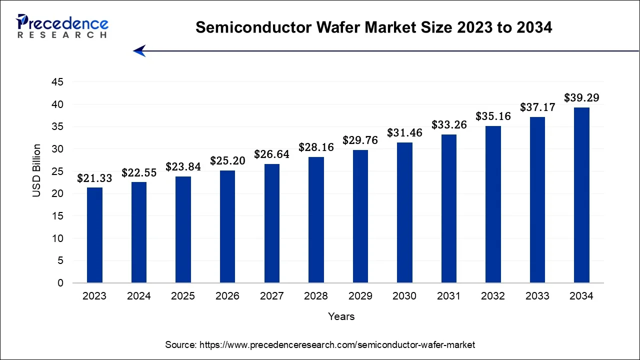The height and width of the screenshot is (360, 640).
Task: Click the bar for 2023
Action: click(94, 235)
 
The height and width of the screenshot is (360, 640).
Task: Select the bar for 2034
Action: click(581, 195)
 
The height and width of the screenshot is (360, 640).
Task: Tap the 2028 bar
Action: click(316, 220)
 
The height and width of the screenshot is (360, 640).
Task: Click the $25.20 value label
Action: click(227, 161)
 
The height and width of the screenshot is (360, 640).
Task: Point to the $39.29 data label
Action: click(581, 98)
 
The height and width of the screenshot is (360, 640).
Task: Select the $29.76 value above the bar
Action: click(360, 140)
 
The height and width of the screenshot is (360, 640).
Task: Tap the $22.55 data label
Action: click(139, 173)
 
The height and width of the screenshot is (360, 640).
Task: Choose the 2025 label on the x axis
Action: click(183, 296)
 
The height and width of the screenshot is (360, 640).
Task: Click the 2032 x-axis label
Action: click(493, 296)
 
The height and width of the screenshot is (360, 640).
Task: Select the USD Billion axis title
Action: click(37, 170)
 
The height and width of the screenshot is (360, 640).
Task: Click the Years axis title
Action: click(341, 316)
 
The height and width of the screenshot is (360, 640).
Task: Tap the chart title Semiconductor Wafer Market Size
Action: click(373, 27)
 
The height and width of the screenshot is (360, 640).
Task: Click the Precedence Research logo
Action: click(62, 26)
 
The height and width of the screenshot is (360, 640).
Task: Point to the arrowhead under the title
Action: click(139, 50)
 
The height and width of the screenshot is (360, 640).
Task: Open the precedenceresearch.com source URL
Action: click(337, 345)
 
